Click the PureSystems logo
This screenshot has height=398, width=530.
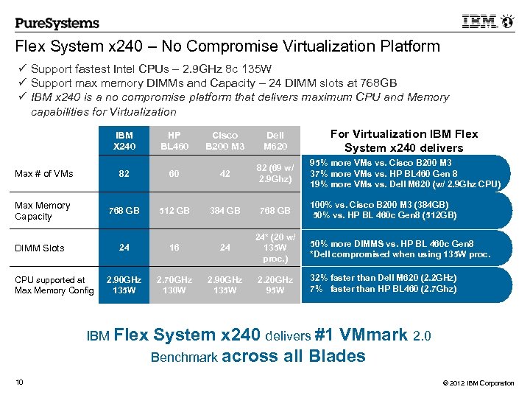click(x=57, y=22)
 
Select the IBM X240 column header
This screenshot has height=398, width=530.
click(x=124, y=141)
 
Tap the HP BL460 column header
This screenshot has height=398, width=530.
click(x=174, y=141)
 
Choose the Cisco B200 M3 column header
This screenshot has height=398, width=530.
click(x=225, y=141)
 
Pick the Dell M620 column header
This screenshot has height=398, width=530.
click(x=275, y=141)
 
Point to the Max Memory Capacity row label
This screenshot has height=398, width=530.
click(x=43, y=211)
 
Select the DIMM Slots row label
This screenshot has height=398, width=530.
click(x=40, y=248)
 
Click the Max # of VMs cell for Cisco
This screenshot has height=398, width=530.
click(x=225, y=173)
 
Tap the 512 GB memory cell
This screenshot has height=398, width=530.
click(x=174, y=211)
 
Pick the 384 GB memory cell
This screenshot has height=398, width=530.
click(x=225, y=211)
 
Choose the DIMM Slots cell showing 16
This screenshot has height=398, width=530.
click(x=174, y=248)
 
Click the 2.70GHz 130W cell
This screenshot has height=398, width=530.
click(x=174, y=284)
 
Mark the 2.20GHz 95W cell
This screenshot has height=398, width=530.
click(x=275, y=284)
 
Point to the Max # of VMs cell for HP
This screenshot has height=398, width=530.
click(x=174, y=173)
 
